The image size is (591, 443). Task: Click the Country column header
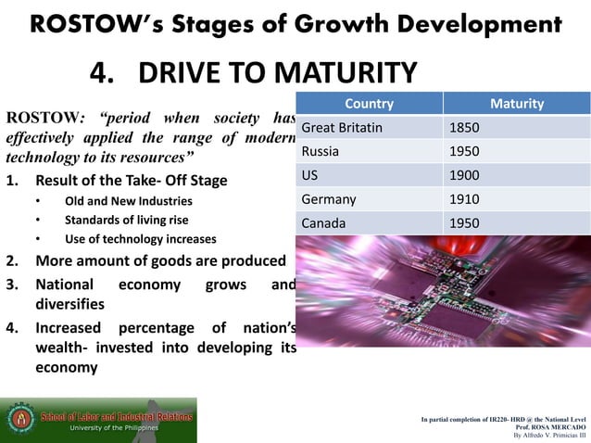tap(369, 104)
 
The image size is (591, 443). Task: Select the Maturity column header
tap(516, 104)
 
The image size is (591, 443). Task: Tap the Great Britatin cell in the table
tap(342, 127)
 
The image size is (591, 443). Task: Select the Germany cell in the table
tap(329, 199)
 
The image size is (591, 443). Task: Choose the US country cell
tap(311, 175)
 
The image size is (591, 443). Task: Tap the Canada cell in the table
tap(323, 223)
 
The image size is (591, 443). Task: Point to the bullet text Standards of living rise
tap(126, 220)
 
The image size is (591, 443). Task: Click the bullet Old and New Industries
tap(129, 201)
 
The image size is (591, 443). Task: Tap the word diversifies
tap(69, 303)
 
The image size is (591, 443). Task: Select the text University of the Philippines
tap(117, 428)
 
